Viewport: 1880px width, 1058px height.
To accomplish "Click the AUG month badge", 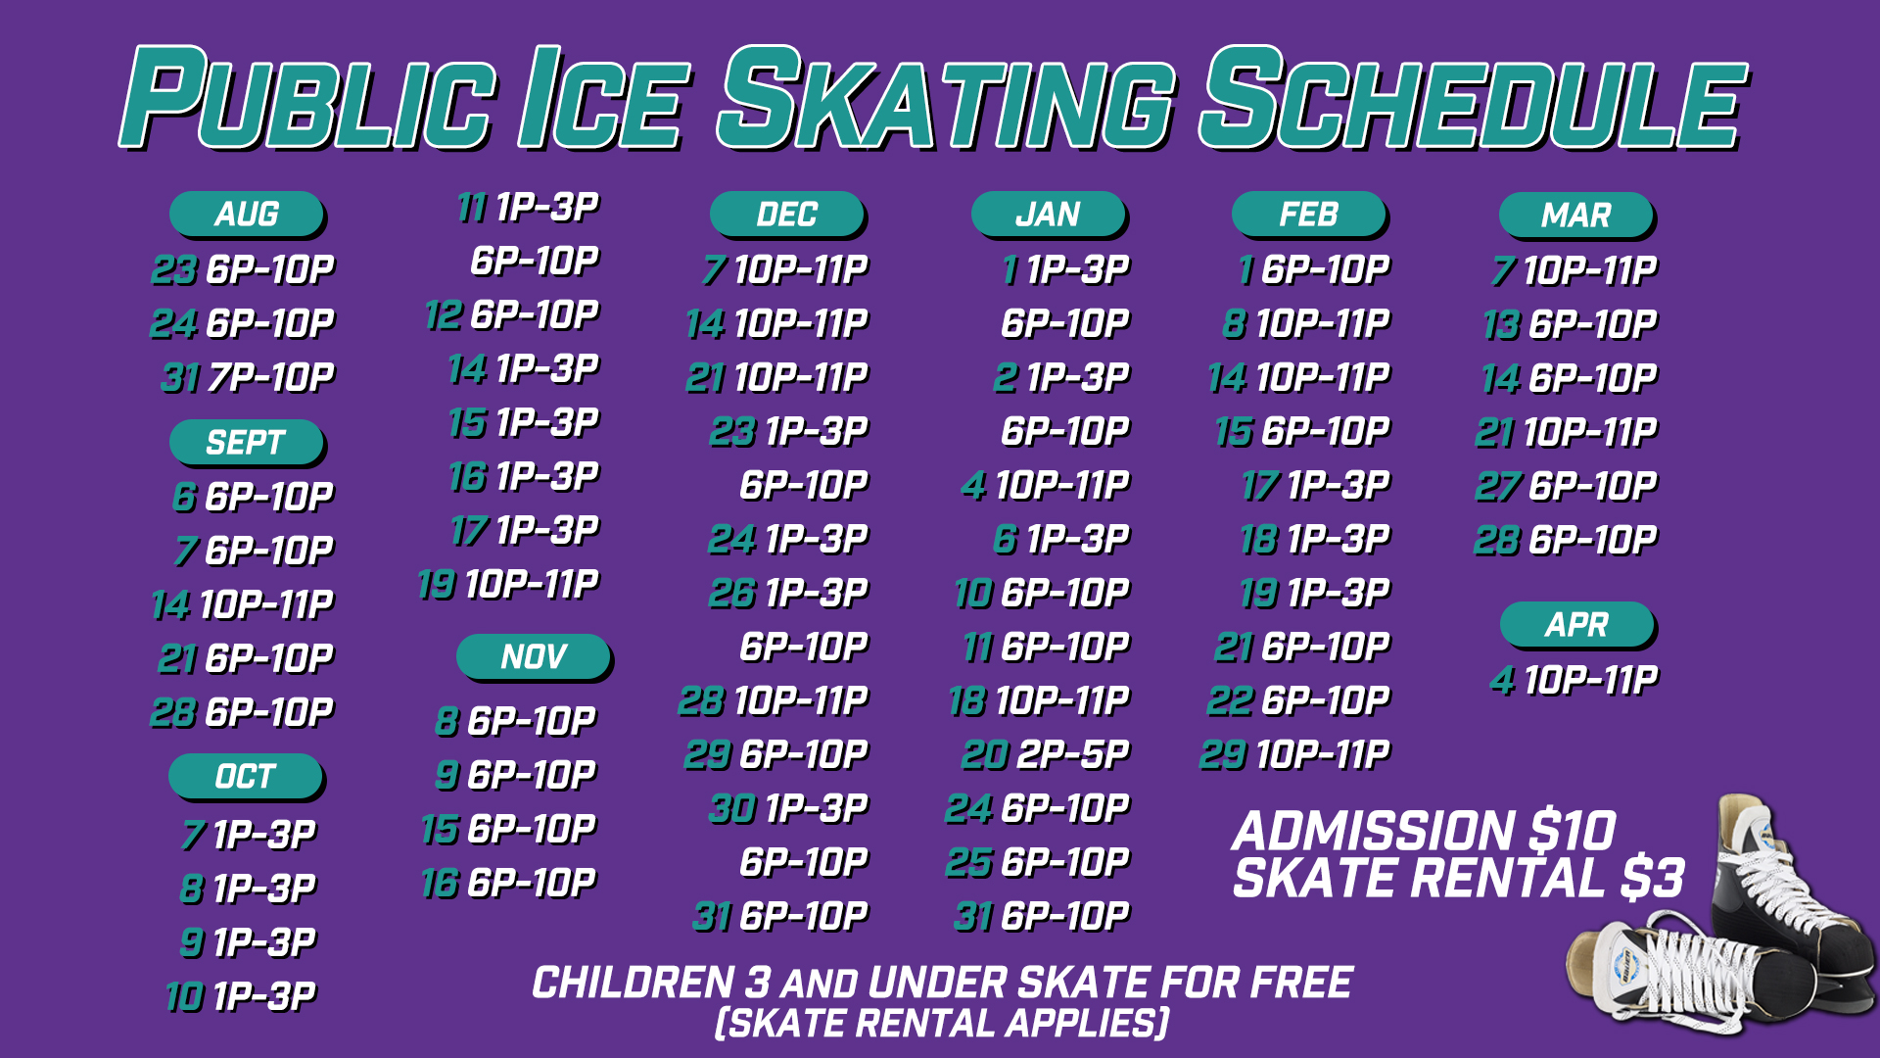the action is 247,214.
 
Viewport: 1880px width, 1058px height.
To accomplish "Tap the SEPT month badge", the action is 247,443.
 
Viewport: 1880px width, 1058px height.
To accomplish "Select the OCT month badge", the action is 246,777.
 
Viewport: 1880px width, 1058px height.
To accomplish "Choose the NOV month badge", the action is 534,656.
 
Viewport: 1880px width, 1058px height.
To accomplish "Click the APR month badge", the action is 1577,625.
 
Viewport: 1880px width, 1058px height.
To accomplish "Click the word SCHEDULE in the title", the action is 1474,98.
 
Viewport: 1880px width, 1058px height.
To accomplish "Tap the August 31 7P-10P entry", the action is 248,377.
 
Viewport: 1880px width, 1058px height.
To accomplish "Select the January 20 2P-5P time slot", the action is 1046,754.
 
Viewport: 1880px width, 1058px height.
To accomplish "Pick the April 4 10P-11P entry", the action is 1574,680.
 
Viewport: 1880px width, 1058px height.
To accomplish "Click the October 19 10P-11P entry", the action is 508,584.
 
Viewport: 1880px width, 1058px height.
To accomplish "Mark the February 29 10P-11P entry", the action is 1295,754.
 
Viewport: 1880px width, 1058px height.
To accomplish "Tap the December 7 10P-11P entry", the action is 785,269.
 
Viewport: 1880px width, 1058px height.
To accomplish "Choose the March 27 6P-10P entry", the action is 1567,486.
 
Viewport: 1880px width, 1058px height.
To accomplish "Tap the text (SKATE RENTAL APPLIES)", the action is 942,1024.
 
